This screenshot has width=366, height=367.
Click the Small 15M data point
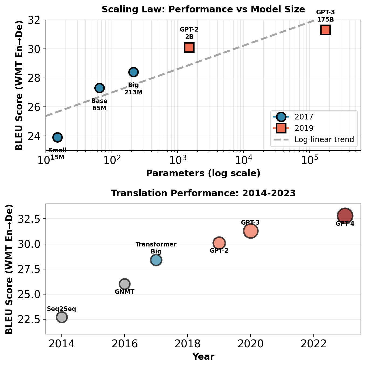57,137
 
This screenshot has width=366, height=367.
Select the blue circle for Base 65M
99,88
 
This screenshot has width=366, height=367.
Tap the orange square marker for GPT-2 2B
189,47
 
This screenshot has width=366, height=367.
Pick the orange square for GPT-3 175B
326,30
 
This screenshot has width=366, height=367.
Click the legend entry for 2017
304,117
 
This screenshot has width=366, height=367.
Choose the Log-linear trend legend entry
324,139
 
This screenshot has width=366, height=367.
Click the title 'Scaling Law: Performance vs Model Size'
203,10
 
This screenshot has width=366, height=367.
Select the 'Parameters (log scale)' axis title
203,173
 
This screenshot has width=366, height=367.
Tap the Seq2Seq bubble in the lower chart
62,317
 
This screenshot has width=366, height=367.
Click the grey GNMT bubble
125,284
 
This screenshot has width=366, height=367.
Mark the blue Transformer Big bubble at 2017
156,260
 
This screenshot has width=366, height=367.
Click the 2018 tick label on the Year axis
188,344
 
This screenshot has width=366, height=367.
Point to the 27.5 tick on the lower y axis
29,269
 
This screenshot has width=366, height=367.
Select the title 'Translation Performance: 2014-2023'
203,193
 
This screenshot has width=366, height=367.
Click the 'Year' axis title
203,357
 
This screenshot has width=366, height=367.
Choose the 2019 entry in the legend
304,128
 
